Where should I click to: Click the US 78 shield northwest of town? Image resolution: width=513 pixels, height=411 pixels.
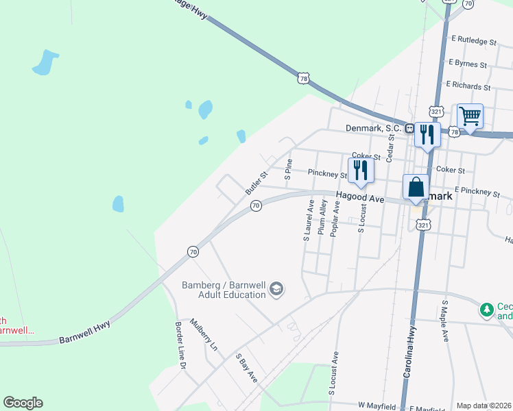pos(303,79)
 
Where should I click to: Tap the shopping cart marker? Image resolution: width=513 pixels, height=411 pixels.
pos(470,116)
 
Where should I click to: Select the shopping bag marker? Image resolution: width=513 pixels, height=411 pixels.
pos(416,188)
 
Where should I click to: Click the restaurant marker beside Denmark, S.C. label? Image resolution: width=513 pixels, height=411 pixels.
pos(427,135)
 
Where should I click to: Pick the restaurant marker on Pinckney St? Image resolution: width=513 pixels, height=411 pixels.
pos(360,171)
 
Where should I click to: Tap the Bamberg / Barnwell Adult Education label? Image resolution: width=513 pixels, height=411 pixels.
pos(223,290)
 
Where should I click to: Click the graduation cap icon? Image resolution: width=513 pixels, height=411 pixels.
pos(276,290)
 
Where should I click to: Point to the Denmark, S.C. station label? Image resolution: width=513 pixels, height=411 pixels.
pos(373,128)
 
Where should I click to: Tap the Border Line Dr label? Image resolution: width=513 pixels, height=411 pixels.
pos(181,346)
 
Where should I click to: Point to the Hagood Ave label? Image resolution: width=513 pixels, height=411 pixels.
pos(359,198)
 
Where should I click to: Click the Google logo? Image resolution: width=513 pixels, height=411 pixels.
pos(23,403)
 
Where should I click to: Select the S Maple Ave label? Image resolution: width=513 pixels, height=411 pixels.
pos(445,321)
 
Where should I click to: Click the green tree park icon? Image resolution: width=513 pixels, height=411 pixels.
pos(487,310)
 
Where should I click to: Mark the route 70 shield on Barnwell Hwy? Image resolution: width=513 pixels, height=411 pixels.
pos(193,252)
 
